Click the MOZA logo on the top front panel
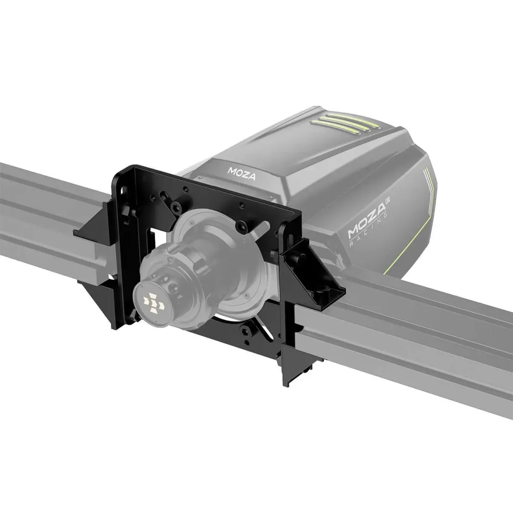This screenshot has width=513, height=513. pos(237,171)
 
